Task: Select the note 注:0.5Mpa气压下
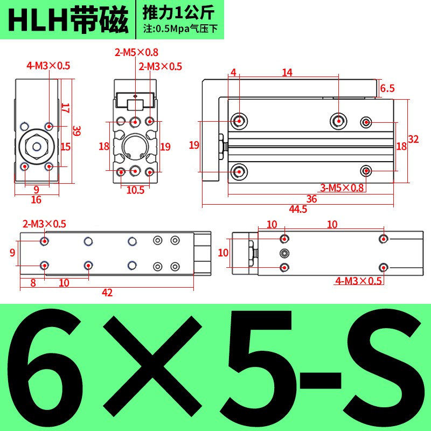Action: pos(180,29)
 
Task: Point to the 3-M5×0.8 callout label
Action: pos(342,187)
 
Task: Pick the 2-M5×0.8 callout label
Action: pos(136,53)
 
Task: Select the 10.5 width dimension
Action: pos(135,190)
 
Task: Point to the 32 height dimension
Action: pos(413,139)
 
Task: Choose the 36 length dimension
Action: pos(311,199)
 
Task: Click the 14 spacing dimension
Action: pos(287,72)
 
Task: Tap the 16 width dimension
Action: pos(36,200)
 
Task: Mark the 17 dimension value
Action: pos(65,108)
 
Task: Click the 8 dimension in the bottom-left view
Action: pos(33,282)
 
